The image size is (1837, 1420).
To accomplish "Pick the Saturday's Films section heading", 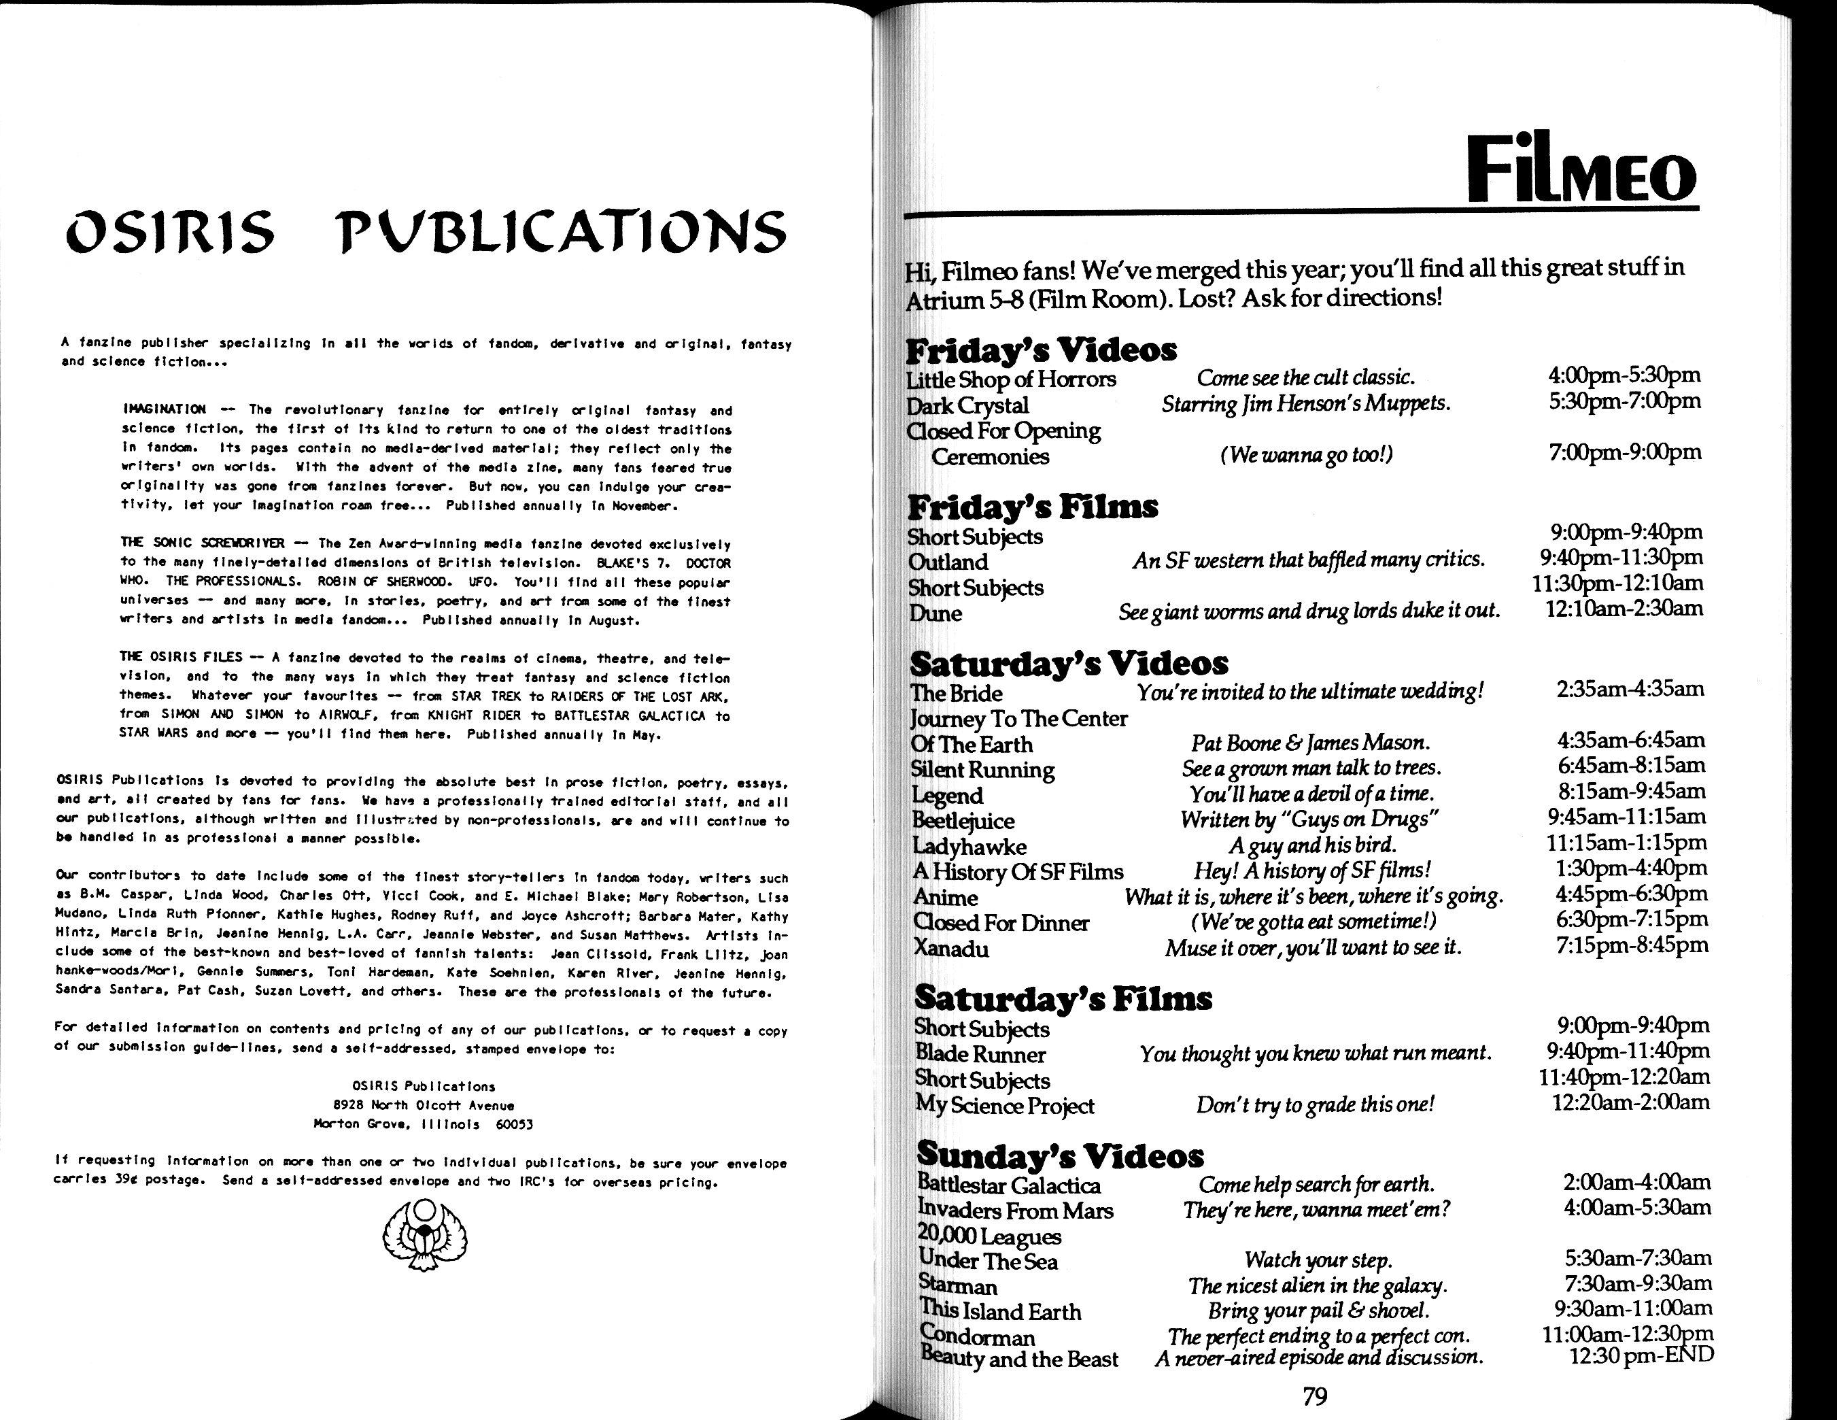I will click(x=1063, y=998).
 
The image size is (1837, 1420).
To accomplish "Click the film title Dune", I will click(x=935, y=613).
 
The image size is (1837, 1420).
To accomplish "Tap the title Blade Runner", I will click(x=980, y=1054).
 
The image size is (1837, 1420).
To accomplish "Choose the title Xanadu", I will click(x=950, y=949).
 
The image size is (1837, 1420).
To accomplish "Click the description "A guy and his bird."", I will click(x=1311, y=845).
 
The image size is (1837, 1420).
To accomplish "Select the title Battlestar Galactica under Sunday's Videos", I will click(x=1008, y=1185).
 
